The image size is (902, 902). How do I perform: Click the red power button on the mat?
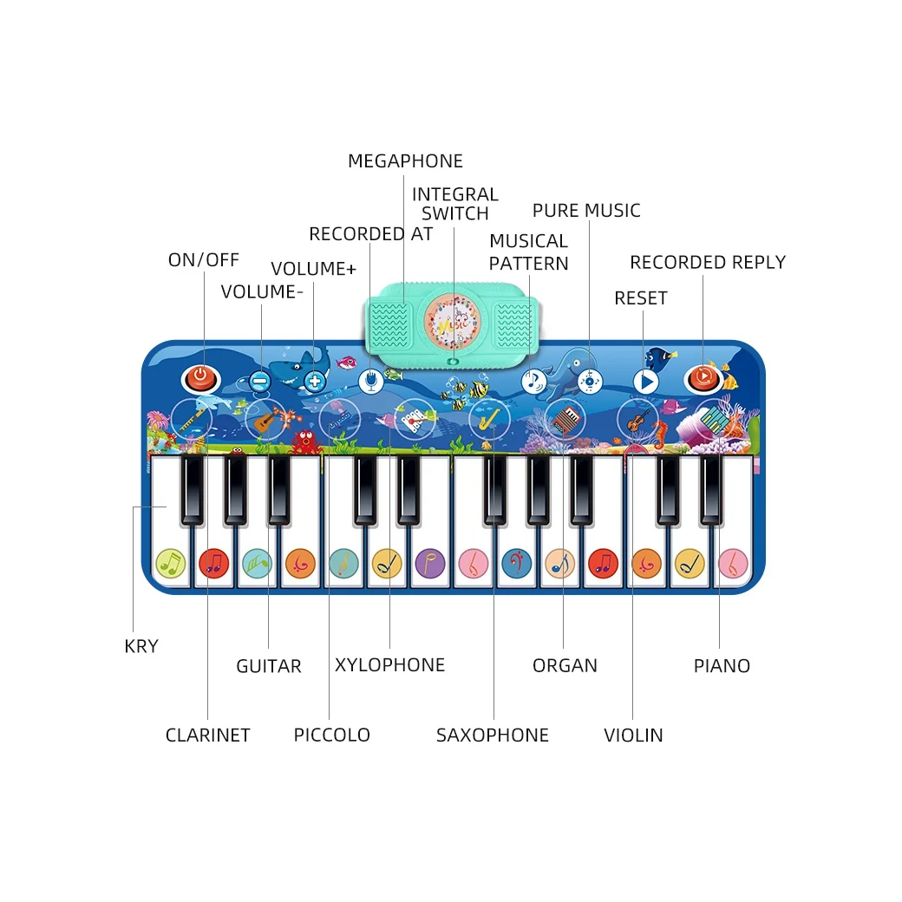click(x=200, y=377)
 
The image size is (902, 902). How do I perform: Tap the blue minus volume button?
click(x=260, y=380)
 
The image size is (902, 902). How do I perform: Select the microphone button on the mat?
click(x=370, y=380)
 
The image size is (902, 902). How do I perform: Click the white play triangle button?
click(x=645, y=381)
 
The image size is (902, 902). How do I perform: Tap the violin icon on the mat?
click(x=637, y=421)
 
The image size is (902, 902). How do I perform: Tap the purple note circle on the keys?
click(x=429, y=564)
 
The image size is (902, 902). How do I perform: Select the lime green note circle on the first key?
click(x=171, y=564)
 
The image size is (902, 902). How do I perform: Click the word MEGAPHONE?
click(x=405, y=161)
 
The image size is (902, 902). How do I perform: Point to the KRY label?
click(x=141, y=646)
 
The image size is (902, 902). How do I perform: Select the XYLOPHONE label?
click(x=389, y=665)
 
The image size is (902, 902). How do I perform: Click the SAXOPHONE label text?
click(x=492, y=735)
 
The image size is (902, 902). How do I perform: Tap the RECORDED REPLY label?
click(x=707, y=262)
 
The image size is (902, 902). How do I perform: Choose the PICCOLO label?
click(x=331, y=735)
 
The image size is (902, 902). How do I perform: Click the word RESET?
click(x=640, y=298)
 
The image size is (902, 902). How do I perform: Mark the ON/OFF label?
click(x=203, y=260)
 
